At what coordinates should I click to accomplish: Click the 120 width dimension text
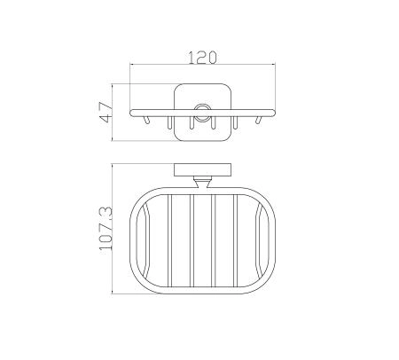click(203, 58)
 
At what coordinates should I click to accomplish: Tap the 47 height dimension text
click(106, 112)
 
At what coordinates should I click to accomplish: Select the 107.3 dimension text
click(106, 228)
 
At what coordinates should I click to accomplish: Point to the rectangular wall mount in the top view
click(202, 169)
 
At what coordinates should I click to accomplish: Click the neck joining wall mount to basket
click(202, 182)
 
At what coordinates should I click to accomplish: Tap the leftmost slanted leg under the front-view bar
click(146, 120)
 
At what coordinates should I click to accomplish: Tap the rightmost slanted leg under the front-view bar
click(259, 120)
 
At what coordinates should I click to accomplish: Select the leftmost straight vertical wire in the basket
click(169, 241)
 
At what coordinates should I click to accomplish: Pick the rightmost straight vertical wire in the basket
click(236, 241)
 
